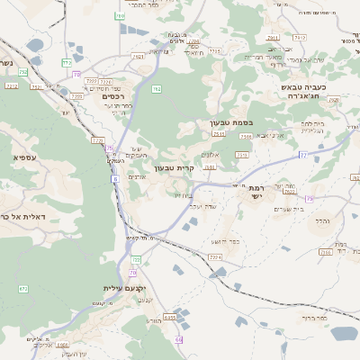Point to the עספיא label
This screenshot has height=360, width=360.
[x=24, y=157]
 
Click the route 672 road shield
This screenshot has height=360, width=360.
[x=23, y=289]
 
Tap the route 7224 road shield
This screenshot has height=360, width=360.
[x=214, y=257]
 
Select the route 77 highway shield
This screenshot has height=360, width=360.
[x=303, y=155]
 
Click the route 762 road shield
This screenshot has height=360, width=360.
[x=157, y=89]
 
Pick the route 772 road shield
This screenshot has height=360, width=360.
[x=67, y=63]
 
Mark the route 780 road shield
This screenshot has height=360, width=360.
[x=120, y=16]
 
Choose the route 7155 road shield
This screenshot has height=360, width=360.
[x=215, y=51]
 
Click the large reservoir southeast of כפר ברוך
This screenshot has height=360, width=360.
[x=343, y=334]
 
